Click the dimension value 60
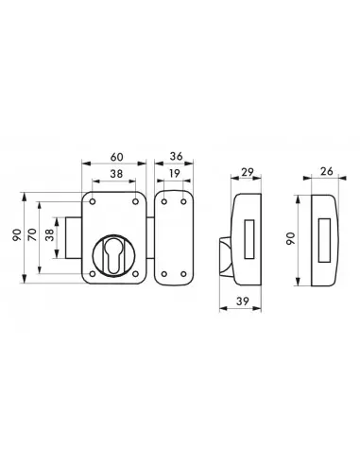point(117,157)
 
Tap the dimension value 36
point(176,156)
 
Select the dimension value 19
point(174,173)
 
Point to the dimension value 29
point(248,172)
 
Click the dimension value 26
point(327,171)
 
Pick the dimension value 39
point(242,301)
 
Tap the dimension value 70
point(32,235)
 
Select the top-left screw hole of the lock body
point(93,201)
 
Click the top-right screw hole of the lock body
point(135,201)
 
